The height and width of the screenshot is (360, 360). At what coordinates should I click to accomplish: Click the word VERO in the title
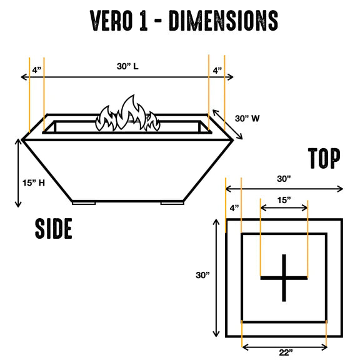point(111,21)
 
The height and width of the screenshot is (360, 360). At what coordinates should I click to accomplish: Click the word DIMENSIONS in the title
point(223,21)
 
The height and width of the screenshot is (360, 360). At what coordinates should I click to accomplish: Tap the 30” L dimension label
point(127,66)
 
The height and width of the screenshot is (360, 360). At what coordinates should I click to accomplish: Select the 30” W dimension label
point(247,119)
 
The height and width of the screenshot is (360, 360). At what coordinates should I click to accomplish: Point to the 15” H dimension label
point(34,183)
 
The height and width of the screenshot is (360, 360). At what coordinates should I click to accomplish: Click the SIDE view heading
point(54,229)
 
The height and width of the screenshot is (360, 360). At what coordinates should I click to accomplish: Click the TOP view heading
point(324,158)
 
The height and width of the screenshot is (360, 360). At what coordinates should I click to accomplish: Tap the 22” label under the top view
point(286,352)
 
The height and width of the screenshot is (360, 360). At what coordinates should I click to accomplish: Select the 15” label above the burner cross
point(284,200)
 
